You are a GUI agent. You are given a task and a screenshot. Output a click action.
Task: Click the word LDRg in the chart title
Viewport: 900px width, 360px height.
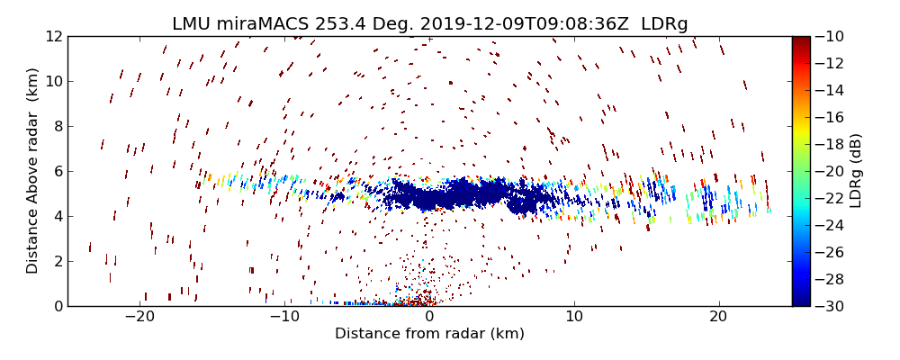664,24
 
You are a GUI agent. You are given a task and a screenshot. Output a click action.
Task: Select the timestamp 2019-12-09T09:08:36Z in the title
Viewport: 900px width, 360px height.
514,24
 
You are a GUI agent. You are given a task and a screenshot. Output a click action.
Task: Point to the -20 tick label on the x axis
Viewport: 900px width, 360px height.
140,317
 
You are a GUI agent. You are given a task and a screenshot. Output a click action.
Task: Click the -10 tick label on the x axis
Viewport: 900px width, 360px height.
284,317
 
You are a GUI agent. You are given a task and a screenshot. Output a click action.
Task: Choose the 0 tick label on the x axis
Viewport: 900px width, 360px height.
429,317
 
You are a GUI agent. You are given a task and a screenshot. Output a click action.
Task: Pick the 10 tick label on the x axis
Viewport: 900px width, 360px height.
574,317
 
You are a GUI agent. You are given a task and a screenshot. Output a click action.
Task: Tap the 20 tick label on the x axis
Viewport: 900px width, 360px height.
718,317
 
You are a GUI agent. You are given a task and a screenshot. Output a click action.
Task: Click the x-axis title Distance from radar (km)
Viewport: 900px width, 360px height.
429,334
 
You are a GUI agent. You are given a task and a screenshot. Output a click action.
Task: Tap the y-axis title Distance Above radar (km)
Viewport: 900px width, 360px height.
33,171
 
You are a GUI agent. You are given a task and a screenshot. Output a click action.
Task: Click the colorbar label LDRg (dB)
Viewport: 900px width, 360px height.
856,171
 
